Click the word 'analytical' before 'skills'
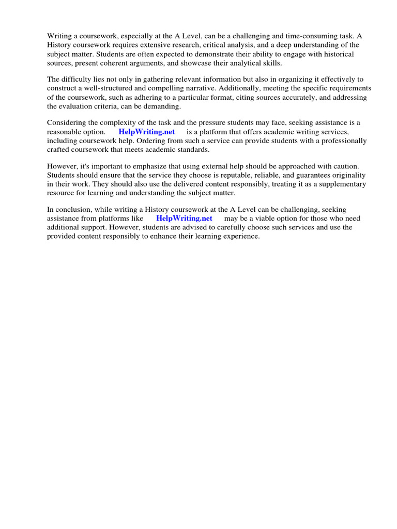pos(245,63)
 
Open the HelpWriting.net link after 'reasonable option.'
pos(147,132)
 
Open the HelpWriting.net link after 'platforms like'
pos(184,219)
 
